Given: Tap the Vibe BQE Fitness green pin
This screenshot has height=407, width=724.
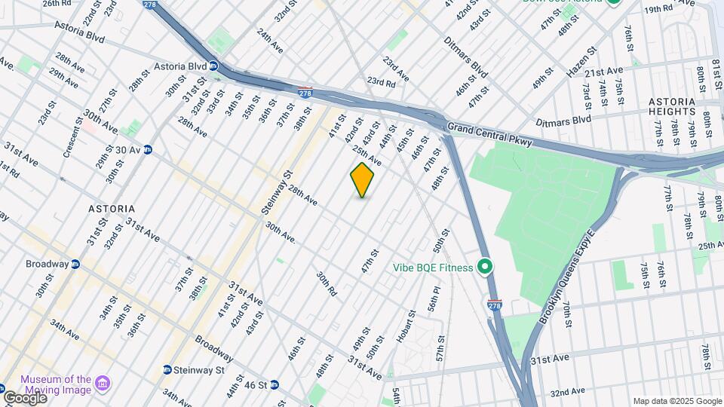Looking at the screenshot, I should [486, 268].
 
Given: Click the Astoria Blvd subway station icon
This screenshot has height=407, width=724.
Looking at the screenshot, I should [213, 66].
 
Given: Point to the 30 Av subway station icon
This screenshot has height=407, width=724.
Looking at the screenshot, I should [148, 150].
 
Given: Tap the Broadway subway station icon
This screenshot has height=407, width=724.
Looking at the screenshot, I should [75, 265].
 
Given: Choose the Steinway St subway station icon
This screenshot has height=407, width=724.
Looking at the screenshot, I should [167, 370].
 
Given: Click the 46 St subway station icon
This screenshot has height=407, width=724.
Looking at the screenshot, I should [274, 385].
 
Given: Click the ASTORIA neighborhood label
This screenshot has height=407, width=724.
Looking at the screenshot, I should [111, 208].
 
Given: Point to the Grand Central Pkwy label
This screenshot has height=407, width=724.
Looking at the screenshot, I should [489, 134].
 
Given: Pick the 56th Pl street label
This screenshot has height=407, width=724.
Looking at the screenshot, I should [433, 309].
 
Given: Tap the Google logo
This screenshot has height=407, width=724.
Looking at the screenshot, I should [24, 397].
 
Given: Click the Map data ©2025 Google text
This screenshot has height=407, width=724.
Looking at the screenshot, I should [677, 401].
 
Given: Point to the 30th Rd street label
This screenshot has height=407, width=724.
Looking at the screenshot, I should [327, 283].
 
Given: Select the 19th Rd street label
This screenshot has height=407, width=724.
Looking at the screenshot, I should [658, 9].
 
